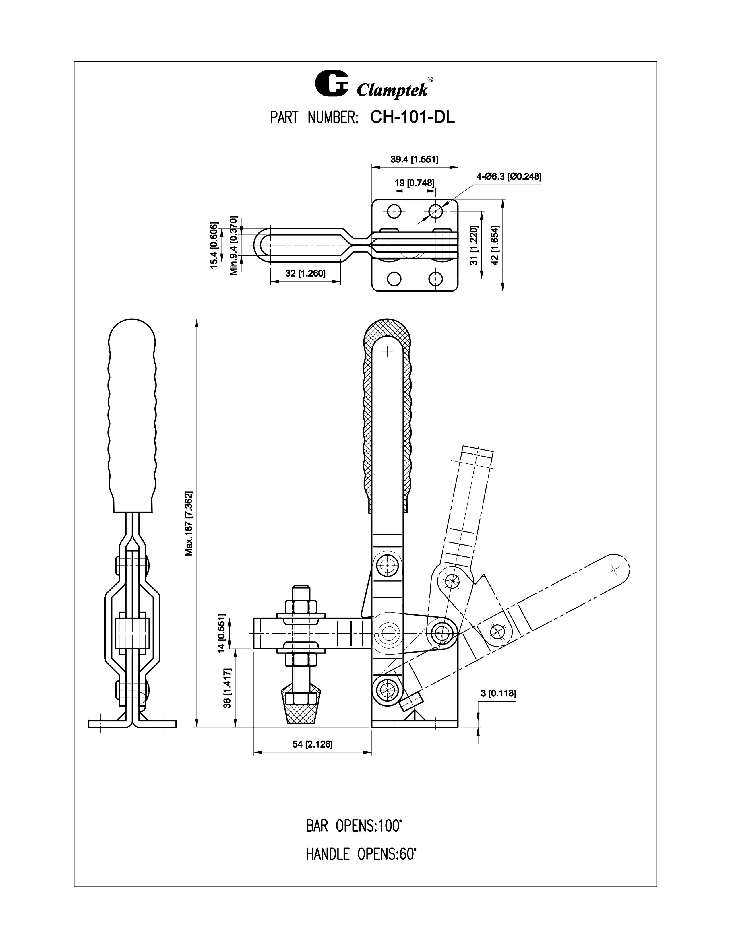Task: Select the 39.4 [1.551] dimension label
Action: coord(414,159)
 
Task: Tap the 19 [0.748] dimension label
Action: coord(414,183)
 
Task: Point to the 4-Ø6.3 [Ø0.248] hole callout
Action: coord(509,176)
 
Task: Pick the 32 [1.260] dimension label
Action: coord(305,273)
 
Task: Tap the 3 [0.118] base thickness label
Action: coord(498,693)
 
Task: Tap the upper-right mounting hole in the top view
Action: coord(435,211)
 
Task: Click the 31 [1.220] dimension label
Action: coord(474,245)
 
